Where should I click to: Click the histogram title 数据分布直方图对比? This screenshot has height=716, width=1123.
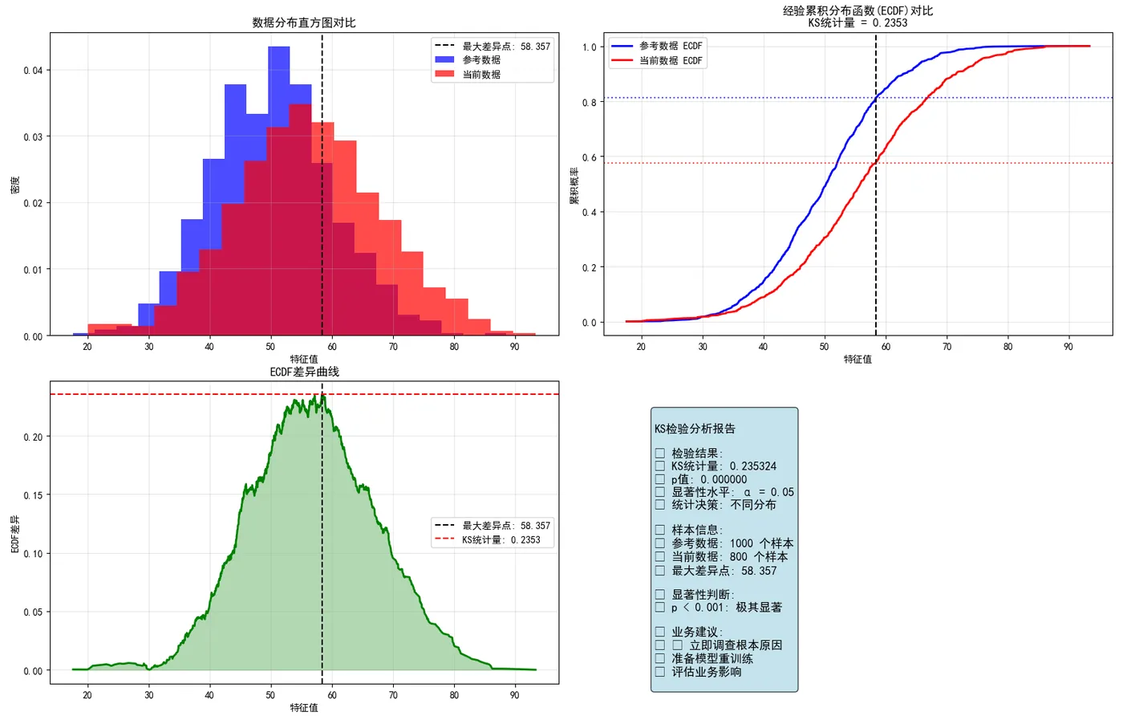304,22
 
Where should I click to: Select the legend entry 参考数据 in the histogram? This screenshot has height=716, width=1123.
481,60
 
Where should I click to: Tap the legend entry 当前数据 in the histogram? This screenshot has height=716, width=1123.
481,75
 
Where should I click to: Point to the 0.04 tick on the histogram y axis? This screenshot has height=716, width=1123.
33,71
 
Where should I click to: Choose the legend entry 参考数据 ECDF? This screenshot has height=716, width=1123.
670,47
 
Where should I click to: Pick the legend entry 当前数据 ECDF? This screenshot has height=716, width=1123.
670,61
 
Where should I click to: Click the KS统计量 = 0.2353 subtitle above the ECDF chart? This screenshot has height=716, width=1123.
857,22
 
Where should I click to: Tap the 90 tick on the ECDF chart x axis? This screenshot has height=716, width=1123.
1068,347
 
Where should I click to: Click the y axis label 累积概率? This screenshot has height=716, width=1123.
574,185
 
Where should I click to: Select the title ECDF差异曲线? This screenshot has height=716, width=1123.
304,372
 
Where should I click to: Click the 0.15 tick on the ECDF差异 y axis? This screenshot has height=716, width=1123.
33,495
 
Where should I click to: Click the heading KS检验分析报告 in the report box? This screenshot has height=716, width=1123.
695,429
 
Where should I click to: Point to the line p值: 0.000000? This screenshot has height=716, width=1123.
708,479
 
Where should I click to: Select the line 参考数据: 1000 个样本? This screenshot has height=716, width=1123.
732,543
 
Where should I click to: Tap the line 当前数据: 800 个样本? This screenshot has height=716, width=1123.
729,556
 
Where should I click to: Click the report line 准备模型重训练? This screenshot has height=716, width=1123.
712,658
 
